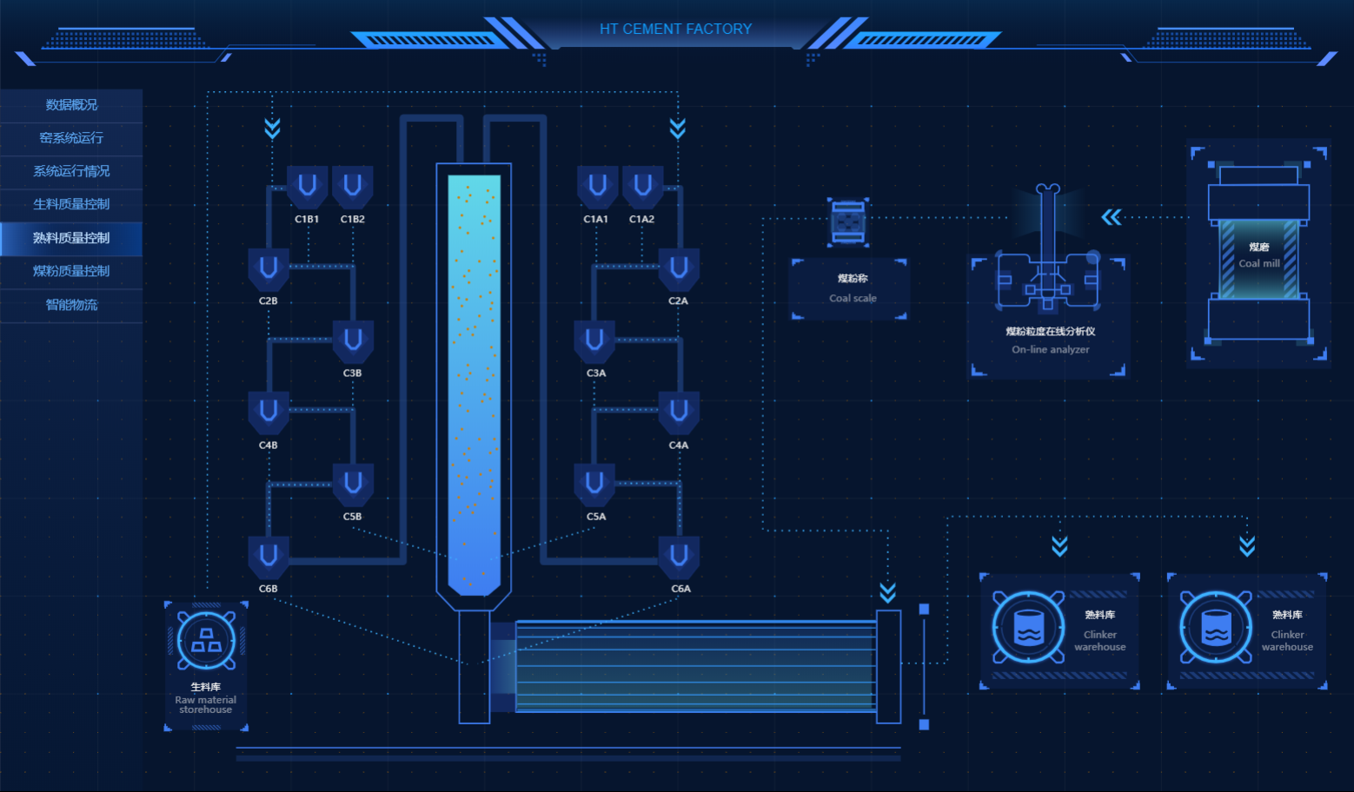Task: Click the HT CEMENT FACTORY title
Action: pyautogui.click(x=675, y=29)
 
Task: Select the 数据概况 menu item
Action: pyautogui.click(x=71, y=105)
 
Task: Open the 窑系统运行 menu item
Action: pyautogui.click(x=71, y=138)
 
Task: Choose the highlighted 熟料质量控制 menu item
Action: pyautogui.click(x=71, y=238)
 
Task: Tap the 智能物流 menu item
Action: pyautogui.click(x=71, y=305)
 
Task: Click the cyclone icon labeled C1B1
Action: pyautogui.click(x=307, y=187)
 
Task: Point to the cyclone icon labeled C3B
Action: pyautogui.click(x=353, y=340)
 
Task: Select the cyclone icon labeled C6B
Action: pyautogui.click(x=269, y=556)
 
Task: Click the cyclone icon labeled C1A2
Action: pyautogui.click(x=643, y=187)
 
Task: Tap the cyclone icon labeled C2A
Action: pyautogui.click(x=679, y=268)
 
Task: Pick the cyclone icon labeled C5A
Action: pyautogui.click(x=595, y=484)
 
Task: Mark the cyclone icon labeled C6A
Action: pyautogui.click(x=680, y=556)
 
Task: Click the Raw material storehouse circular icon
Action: pyautogui.click(x=206, y=641)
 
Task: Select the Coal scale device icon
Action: pyautogui.click(x=848, y=221)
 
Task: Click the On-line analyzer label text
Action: pyautogui.click(x=1050, y=349)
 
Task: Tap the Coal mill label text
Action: pyautogui.click(x=1258, y=263)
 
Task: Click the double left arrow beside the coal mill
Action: pyautogui.click(x=1112, y=217)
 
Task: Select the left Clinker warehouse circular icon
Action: pyautogui.click(x=1029, y=627)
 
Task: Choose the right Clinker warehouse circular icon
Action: pyautogui.click(x=1216, y=627)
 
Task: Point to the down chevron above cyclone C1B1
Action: pyautogui.click(x=272, y=129)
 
